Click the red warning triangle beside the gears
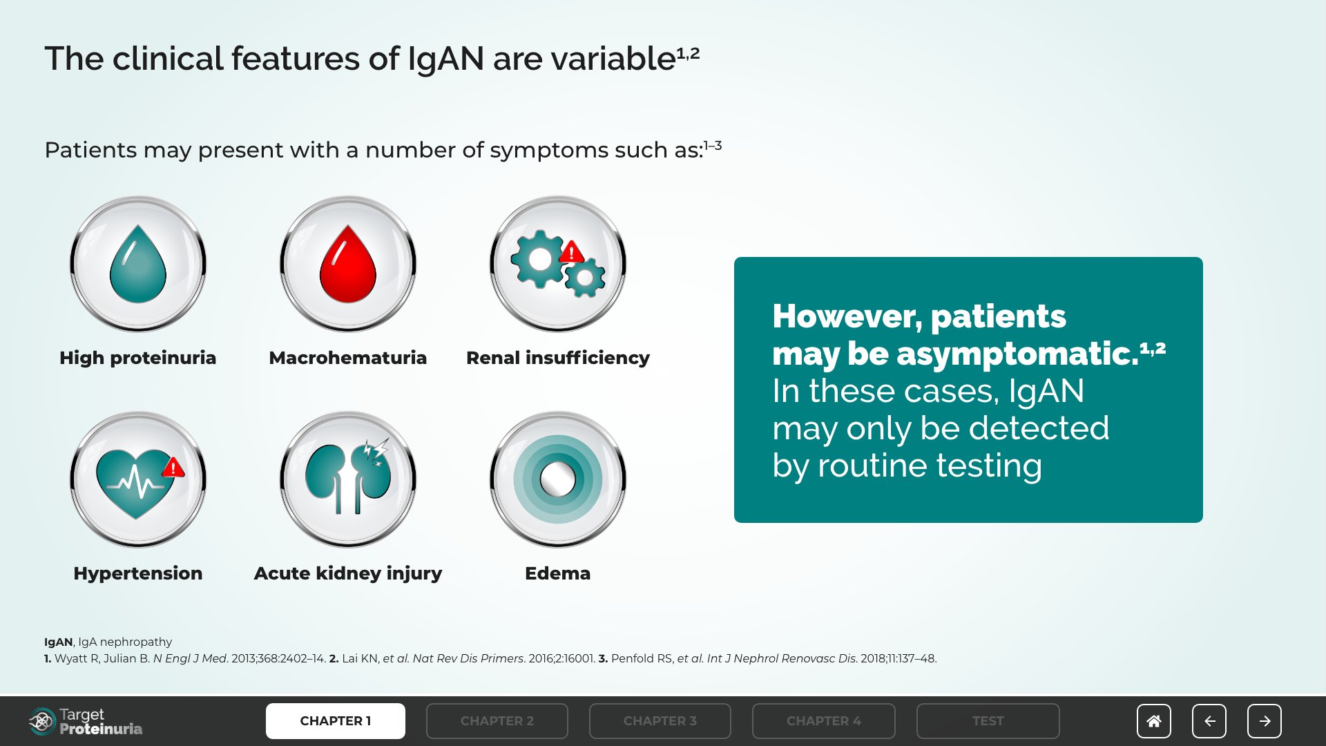[571, 252]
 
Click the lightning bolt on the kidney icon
[377, 450]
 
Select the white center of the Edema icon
[557, 479]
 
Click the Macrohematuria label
[348, 358]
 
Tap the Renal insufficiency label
[558, 358]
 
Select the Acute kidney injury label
[348, 573]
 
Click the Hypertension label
[138, 573]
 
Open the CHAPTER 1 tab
[336, 721]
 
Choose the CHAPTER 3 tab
[660, 721]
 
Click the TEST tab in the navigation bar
[988, 721]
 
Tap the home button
[1154, 721]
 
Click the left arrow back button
[1209, 721]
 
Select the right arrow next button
[1265, 721]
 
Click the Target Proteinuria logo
[86, 721]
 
